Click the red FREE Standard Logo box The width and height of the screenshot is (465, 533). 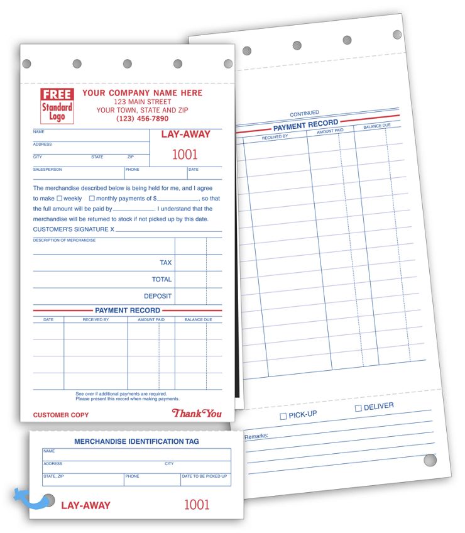pyautogui.click(x=57, y=106)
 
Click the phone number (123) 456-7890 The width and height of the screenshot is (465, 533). pyautogui.click(x=142, y=119)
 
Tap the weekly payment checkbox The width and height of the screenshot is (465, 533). pyautogui.click(x=60, y=199)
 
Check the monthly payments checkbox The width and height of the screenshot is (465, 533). pyautogui.click(x=92, y=199)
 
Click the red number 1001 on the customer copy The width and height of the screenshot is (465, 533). pyautogui.click(x=185, y=155)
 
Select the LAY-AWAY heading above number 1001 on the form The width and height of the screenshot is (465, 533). pyautogui.click(x=186, y=135)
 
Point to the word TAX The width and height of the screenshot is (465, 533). pyautogui.click(x=165, y=263)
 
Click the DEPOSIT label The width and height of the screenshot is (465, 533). pyautogui.click(x=158, y=296)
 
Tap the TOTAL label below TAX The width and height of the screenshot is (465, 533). pyautogui.click(x=161, y=280)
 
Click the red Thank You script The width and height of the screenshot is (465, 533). pyautogui.click(x=197, y=414)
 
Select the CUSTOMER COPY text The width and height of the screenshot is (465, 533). pyautogui.click(x=61, y=415)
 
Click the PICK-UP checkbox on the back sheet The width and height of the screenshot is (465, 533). pyautogui.click(x=283, y=417)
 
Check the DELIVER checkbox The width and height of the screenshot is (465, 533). pyautogui.click(x=358, y=409)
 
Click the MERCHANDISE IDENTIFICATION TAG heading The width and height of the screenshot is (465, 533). pyautogui.click(x=136, y=442)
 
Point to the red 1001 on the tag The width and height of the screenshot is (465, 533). pyautogui.click(x=197, y=504)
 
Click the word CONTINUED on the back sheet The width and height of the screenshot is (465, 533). pyautogui.click(x=304, y=114)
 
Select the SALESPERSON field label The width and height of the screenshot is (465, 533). pyautogui.click(x=48, y=170)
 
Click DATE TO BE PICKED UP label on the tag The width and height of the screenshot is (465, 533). pyautogui.click(x=204, y=476)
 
